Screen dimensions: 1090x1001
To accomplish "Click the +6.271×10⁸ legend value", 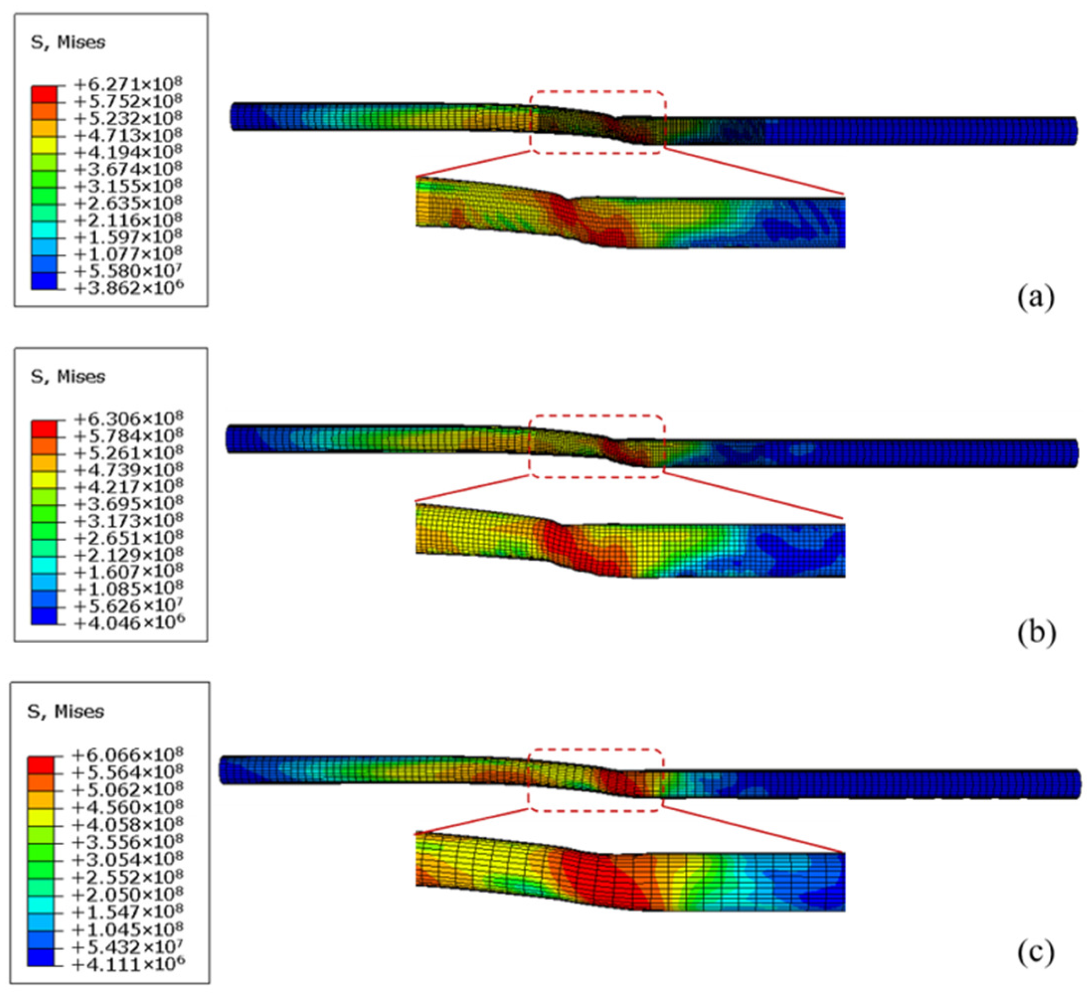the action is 129,85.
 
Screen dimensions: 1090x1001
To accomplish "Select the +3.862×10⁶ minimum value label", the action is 129,288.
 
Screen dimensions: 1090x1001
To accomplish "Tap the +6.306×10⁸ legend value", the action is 129,419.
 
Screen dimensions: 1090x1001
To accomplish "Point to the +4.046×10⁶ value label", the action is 129,623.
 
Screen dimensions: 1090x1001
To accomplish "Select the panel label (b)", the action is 1037,632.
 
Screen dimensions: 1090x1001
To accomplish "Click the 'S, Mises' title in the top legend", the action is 68,42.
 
